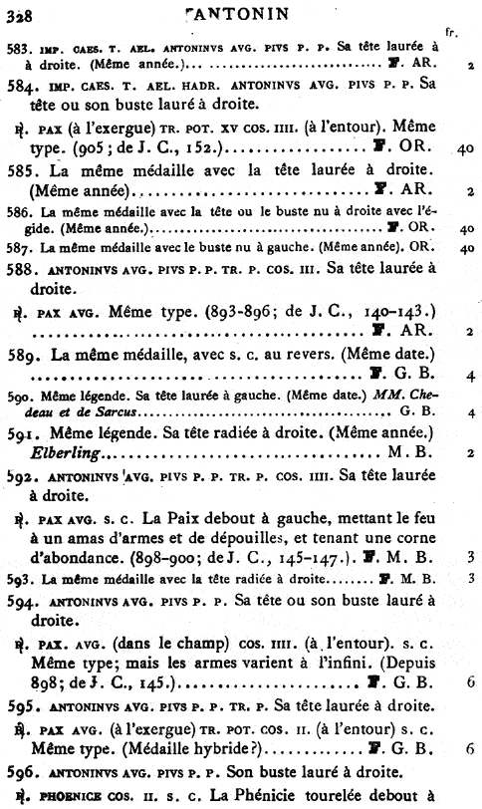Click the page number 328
click(x=17, y=14)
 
